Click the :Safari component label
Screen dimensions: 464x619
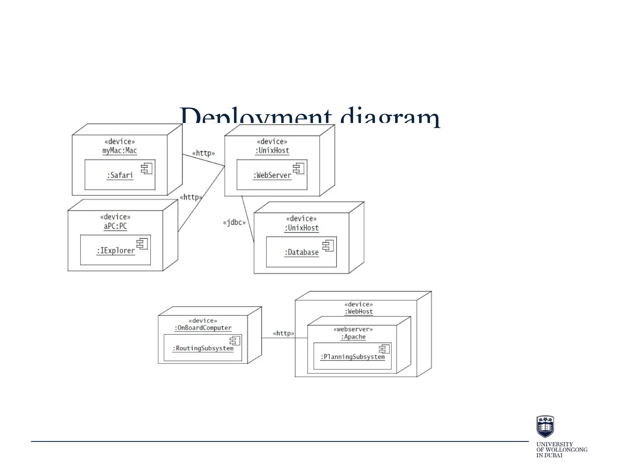tap(120, 175)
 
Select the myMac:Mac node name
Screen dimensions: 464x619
tap(120, 150)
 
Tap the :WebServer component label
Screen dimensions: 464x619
tap(272, 175)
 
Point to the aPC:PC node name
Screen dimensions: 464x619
tap(115, 226)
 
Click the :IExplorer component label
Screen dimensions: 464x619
tap(115, 250)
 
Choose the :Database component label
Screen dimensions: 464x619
tap(302, 252)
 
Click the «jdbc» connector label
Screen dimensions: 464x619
tap(234, 223)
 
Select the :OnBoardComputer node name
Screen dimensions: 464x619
tap(203, 328)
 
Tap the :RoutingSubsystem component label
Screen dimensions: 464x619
tap(203, 348)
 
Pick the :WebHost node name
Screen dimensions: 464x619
tap(359, 311)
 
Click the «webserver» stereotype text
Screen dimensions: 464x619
tap(353, 329)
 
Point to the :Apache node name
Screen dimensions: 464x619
tap(353, 337)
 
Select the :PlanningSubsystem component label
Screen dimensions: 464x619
tap(352, 357)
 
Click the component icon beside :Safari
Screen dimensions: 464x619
tap(147, 169)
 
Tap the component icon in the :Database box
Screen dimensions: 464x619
tap(328, 246)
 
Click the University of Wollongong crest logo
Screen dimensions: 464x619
tap(545, 426)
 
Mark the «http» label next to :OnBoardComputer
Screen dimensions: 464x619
tap(283, 333)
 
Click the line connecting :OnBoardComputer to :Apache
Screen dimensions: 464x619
tap(284, 338)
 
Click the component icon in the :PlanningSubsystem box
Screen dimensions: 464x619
tap(384, 349)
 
